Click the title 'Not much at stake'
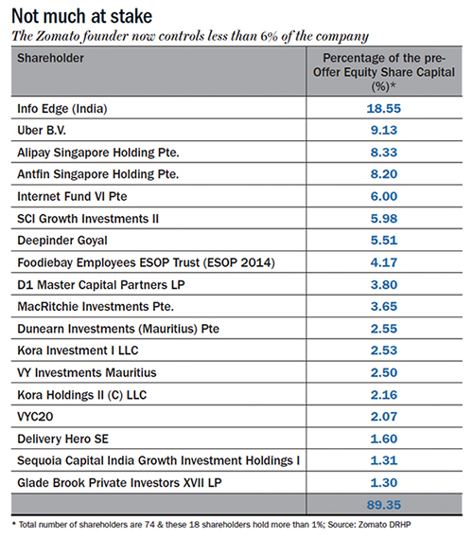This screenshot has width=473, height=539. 81,16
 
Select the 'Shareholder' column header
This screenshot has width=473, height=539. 50,58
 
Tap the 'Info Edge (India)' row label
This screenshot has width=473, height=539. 62,109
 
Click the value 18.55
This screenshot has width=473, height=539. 384,109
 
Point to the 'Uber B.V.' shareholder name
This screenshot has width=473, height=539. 42,131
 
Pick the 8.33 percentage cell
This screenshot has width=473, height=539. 384,153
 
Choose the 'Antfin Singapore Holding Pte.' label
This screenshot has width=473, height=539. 98,174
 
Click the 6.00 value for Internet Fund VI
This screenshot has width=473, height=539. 384,196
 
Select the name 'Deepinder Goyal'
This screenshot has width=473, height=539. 62,241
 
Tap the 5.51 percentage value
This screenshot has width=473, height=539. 384,240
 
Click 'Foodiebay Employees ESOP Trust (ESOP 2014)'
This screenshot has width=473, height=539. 147,262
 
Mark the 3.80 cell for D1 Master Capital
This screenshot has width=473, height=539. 384,284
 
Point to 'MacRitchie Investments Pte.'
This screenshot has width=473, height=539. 96,306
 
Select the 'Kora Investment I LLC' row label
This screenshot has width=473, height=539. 78,350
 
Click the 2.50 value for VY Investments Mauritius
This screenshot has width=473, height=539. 384,372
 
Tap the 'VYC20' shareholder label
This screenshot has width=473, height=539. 35,417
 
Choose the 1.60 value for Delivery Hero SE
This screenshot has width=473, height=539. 384,439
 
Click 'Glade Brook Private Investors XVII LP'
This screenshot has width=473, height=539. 119,482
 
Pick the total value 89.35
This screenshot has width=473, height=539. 384,505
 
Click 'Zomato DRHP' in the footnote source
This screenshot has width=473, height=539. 384,525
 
